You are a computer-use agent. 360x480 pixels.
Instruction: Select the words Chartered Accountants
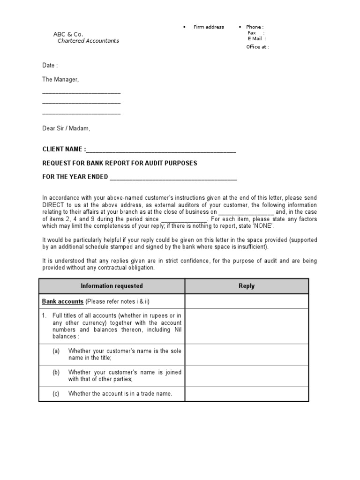pyautogui.click(x=88, y=41)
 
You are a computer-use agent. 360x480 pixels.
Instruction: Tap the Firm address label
pyautogui.click(x=209, y=27)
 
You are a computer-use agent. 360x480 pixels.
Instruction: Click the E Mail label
pyautogui.click(x=255, y=39)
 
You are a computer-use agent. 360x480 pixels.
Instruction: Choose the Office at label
pyautogui.click(x=257, y=47)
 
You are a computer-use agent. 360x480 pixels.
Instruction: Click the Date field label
pyautogui.click(x=50, y=66)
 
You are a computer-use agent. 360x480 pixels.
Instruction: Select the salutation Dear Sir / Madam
pyautogui.click(x=66, y=128)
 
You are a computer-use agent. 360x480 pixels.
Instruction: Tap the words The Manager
pyautogui.click(x=60, y=80)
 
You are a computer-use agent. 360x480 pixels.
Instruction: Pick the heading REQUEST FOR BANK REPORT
pyautogui.click(x=120, y=163)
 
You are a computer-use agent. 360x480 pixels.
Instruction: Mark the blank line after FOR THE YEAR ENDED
pyautogui.click(x=173, y=178)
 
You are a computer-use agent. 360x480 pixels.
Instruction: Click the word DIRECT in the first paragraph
pyautogui.click(x=54, y=205)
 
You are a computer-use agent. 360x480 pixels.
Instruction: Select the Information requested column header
pyautogui.click(x=112, y=286)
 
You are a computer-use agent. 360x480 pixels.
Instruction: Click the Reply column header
pyautogui.click(x=247, y=286)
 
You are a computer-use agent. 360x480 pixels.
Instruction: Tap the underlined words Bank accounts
pyautogui.click(x=63, y=301)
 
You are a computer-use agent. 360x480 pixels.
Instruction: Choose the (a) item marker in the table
pyautogui.click(x=56, y=351)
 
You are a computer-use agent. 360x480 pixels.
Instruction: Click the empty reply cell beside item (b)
pyautogui.click(x=247, y=375)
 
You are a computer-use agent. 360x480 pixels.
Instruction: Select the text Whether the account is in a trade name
pyautogui.click(x=120, y=394)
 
